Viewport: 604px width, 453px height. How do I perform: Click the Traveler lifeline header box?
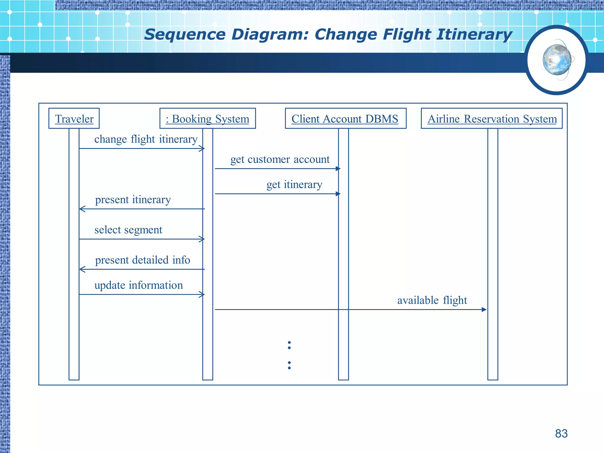[x=74, y=119]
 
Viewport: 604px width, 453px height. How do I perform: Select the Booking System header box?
[x=208, y=119]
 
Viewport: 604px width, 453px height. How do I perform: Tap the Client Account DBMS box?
[x=345, y=119]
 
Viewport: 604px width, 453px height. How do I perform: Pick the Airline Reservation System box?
[x=492, y=119]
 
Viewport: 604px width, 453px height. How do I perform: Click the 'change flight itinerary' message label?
[x=146, y=139]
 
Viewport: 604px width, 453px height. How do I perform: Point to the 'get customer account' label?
[x=280, y=159]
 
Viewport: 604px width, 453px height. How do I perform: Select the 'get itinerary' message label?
[x=294, y=185]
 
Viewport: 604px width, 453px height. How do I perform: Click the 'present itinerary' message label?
[x=133, y=200]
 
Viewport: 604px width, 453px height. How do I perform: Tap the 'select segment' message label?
[x=128, y=230]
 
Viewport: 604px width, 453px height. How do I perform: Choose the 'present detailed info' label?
[x=142, y=260]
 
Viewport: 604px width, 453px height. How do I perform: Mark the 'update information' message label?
[x=139, y=285]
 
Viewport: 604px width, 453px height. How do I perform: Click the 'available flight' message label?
[x=432, y=300]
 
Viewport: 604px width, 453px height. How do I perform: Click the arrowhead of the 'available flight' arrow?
[x=484, y=309]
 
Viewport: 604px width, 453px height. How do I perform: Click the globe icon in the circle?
[x=557, y=60]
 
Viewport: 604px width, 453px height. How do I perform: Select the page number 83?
[x=561, y=434]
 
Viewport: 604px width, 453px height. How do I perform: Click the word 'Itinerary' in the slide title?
[x=474, y=35]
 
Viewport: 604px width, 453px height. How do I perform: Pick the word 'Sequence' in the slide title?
[x=185, y=35]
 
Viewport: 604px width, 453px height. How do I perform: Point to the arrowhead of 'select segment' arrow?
[x=202, y=239]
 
